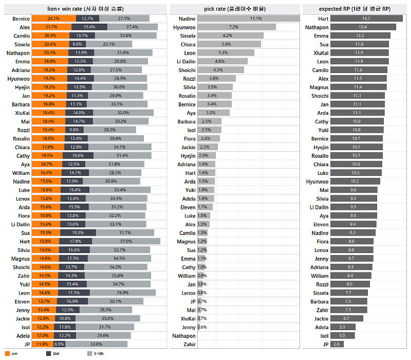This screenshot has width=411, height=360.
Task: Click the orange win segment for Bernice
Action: [x=53, y=19]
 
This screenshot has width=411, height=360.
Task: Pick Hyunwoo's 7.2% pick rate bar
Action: [x=236, y=27]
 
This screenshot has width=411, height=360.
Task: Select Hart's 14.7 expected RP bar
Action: [x=366, y=19]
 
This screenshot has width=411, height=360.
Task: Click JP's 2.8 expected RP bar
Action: [x=337, y=344]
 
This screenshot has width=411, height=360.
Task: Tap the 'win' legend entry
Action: [x=14, y=354]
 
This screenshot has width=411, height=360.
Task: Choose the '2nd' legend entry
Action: [x=55, y=354]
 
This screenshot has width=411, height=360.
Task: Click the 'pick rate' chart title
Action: [x=235, y=9]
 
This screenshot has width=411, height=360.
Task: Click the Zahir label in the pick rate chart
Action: [x=189, y=344]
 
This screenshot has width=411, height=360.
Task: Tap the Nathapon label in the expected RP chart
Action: [x=317, y=27]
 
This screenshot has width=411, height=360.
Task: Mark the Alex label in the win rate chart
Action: [x=25, y=27]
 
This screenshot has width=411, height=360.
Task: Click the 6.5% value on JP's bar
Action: [x=59, y=344]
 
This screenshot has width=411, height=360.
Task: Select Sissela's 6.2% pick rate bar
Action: [x=230, y=35]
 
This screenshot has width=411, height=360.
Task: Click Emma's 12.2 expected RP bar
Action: [x=360, y=35]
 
